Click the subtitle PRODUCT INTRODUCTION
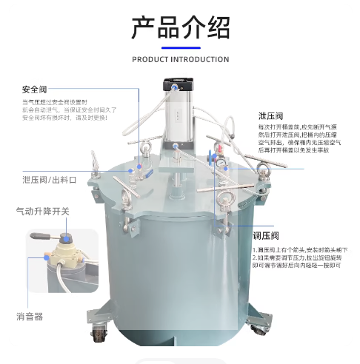click(180, 59)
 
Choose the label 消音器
click(30, 316)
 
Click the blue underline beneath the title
click(180, 47)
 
